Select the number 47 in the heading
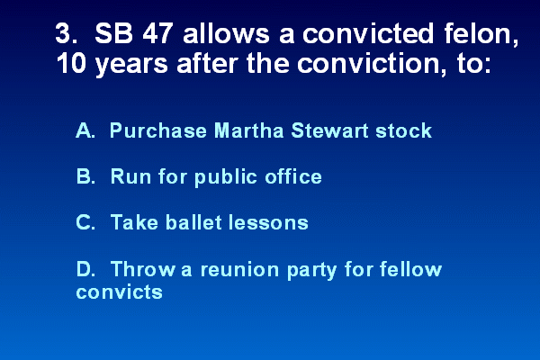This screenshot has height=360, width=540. [x=157, y=33]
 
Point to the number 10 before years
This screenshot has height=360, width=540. [x=71, y=64]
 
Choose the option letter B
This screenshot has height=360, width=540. [x=85, y=176]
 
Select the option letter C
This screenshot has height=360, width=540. [x=85, y=222]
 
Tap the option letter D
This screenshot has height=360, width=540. [x=85, y=269]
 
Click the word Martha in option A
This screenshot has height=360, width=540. [x=248, y=130]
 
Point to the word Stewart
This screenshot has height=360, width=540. [x=329, y=130]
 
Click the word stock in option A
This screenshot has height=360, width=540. [x=403, y=130]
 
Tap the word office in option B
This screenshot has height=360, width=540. [x=293, y=176]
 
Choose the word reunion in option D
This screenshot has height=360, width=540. [x=239, y=269]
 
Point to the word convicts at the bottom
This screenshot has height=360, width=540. [x=119, y=292]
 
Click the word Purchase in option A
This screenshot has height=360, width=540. [x=158, y=130]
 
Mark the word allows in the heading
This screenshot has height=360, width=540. [x=226, y=33]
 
